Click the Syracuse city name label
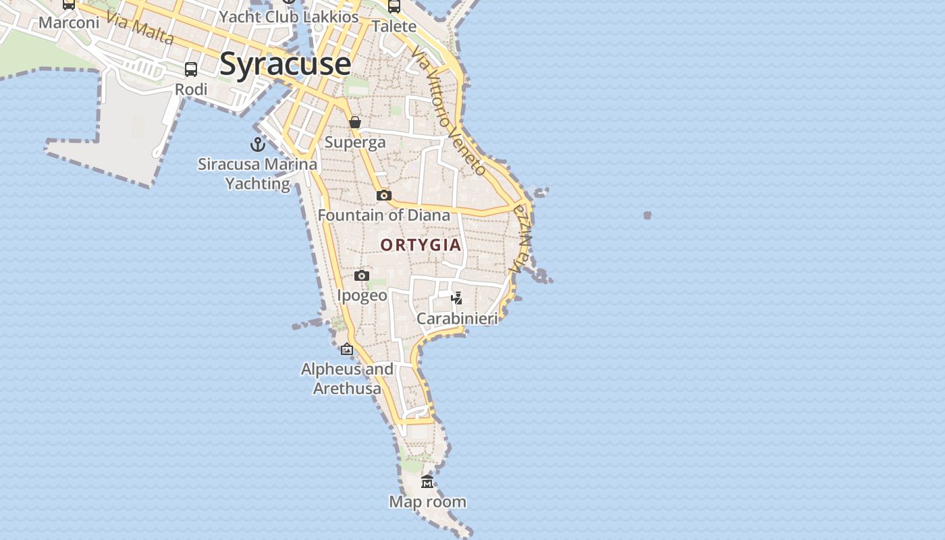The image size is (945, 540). click(x=285, y=64)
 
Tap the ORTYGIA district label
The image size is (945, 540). click(x=421, y=245)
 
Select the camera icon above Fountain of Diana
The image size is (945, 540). click(x=384, y=195)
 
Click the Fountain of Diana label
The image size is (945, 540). click(x=383, y=215)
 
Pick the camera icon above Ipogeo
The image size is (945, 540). click(x=362, y=275)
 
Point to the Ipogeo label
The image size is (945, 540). click(x=362, y=296)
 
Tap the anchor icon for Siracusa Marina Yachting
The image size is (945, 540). click(x=257, y=144)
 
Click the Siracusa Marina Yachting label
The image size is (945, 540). click(x=257, y=173)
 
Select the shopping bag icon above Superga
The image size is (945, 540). click(x=355, y=122)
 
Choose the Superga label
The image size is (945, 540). click(x=355, y=142)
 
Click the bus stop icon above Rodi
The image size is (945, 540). click(x=191, y=69)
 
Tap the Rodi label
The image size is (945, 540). click(x=191, y=89)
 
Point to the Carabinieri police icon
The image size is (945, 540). click(x=457, y=298)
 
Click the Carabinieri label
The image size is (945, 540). click(x=457, y=319)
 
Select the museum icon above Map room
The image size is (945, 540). click(x=427, y=481)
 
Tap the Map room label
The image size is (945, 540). click(x=427, y=502)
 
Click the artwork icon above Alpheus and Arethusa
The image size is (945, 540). click(x=347, y=349)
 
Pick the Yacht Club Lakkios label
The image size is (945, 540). click(x=289, y=17)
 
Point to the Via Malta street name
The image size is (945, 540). click(x=140, y=29)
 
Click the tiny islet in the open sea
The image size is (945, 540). click(x=647, y=215)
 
